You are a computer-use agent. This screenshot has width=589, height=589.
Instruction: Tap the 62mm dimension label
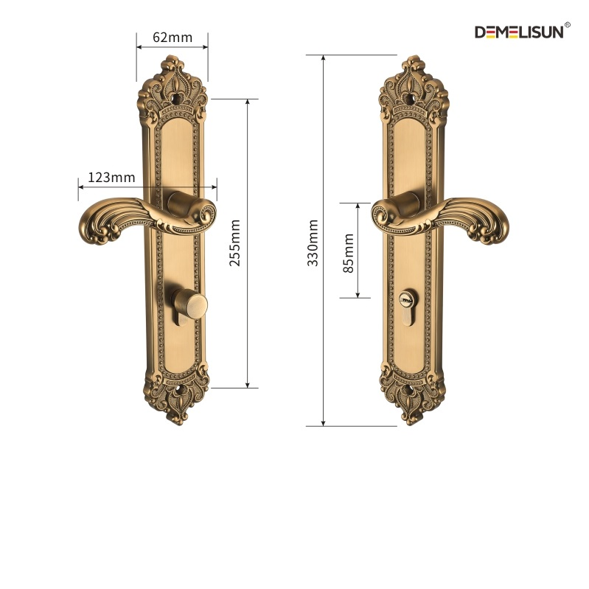[x=172, y=37]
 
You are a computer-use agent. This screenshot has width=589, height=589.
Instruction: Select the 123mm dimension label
[x=111, y=177]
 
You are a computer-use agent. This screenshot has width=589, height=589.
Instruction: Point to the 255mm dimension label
[x=235, y=243]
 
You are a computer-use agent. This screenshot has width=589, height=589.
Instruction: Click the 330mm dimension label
[x=313, y=243]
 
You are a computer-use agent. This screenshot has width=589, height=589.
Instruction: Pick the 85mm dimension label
[x=349, y=252]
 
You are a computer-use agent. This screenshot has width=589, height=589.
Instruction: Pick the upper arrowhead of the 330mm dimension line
[x=324, y=58]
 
